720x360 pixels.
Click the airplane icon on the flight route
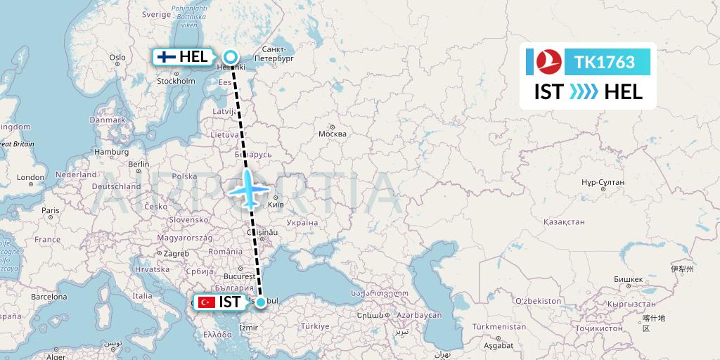(x=247, y=188)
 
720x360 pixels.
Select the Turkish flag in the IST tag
(x=207, y=302)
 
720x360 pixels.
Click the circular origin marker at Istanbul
(x=261, y=302)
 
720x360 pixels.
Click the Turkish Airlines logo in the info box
(x=546, y=62)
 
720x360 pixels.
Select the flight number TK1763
(x=605, y=63)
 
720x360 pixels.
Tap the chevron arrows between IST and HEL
(x=583, y=91)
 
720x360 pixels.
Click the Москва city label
(x=333, y=134)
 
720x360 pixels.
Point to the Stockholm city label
(x=176, y=82)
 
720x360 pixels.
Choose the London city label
(x=30, y=178)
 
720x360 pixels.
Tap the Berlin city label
(x=139, y=164)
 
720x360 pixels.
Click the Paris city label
(x=50, y=210)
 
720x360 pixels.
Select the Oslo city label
(x=117, y=58)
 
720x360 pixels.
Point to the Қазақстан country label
(x=564, y=221)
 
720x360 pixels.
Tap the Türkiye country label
(x=315, y=327)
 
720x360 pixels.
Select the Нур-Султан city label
(x=604, y=181)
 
